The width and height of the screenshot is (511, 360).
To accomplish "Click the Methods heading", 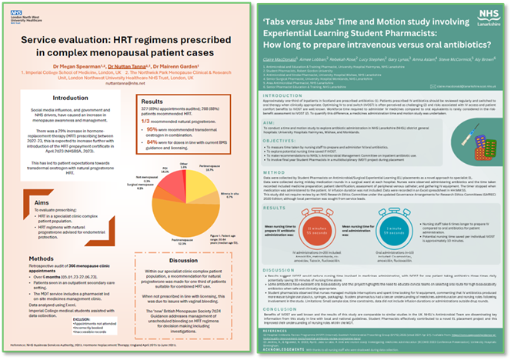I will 46,259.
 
